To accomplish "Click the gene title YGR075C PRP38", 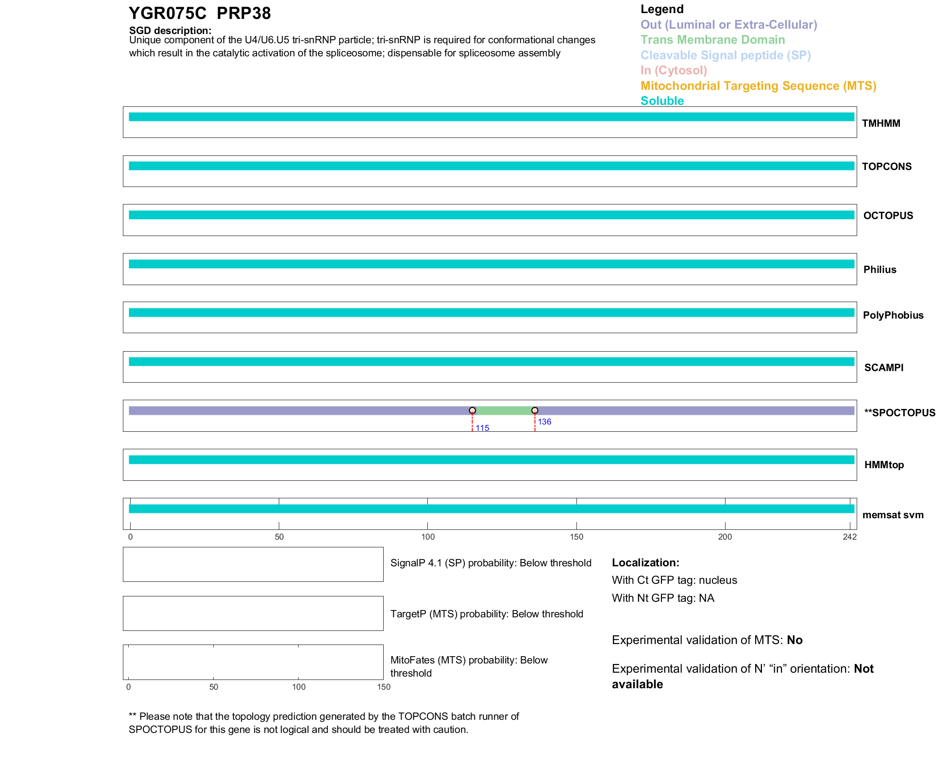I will pyautogui.click(x=200, y=14).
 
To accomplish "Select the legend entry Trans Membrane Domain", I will pyautogui.click(x=712, y=40).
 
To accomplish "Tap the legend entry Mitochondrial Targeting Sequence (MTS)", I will pyautogui.click(x=758, y=86).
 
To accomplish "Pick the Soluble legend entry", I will pyautogui.click(x=662, y=101).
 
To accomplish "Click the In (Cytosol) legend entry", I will pyautogui.click(x=674, y=70).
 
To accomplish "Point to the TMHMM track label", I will pyautogui.click(x=881, y=123).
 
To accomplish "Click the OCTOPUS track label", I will pyautogui.click(x=888, y=216).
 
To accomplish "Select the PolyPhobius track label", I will pyautogui.click(x=893, y=315).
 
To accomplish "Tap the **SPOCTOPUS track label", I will pyautogui.click(x=899, y=413).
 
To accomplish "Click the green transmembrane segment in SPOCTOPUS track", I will pyautogui.click(x=504, y=411).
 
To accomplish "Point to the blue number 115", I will pyautogui.click(x=482, y=428).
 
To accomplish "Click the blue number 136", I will pyautogui.click(x=544, y=422).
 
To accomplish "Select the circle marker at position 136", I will pyautogui.click(x=535, y=410).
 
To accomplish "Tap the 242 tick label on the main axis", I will pyautogui.click(x=850, y=537).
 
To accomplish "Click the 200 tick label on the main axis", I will pyautogui.click(x=725, y=537).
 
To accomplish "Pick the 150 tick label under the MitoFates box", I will pyautogui.click(x=384, y=687).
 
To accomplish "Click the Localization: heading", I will pyautogui.click(x=645, y=562).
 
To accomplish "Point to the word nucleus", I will pyautogui.click(x=718, y=580).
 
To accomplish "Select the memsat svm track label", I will pyautogui.click(x=893, y=515).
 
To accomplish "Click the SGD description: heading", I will pyautogui.click(x=170, y=31).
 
